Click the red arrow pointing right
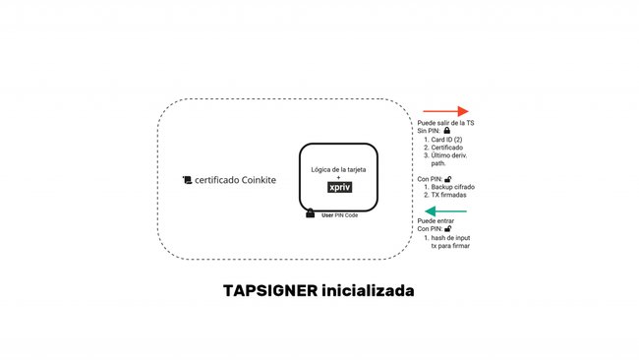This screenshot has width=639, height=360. coord(445,111)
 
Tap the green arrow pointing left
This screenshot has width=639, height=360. coord(445,211)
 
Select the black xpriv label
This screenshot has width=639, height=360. coord(339,187)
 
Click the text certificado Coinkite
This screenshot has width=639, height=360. coord(235,180)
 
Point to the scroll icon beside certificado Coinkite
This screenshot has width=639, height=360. coord(187,180)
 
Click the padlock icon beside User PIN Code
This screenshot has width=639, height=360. coord(310,213)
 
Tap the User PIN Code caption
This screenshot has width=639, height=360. coord(339,215)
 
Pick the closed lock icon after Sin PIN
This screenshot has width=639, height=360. coord(447,131)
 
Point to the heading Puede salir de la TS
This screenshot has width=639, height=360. coord(445,123)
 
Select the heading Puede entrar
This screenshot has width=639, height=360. coord(436,221)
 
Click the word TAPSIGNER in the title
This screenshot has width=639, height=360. coord(270,291)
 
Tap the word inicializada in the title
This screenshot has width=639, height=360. coord(368,291)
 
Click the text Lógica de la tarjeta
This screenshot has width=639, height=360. coord(338,169)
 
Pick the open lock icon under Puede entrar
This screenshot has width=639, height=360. coord(448,229)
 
